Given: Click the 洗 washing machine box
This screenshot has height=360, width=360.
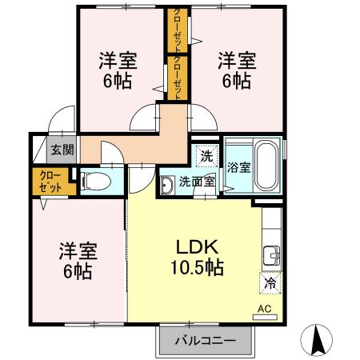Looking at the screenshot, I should pos(206,154).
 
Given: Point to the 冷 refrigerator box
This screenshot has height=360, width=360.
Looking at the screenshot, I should pos(270,282).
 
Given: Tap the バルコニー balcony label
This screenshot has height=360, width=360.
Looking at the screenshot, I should pos(206,342).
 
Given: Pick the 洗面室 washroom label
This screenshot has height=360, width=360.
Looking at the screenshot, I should pos(196,181).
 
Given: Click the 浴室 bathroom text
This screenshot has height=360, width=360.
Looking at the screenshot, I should pos(239,168).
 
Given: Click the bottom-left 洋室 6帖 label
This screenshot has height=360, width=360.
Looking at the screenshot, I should pos(78,261).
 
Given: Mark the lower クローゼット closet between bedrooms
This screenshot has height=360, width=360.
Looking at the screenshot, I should pos(177,77).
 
